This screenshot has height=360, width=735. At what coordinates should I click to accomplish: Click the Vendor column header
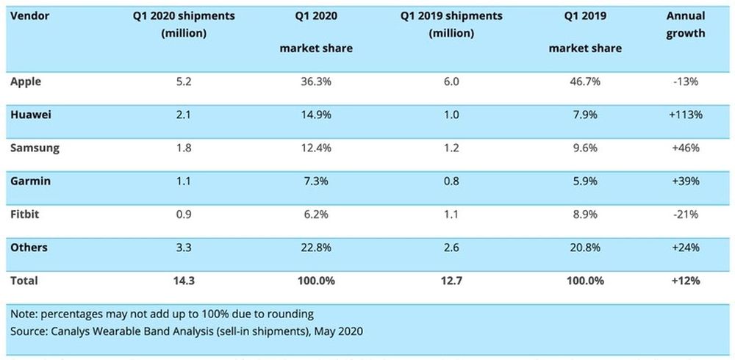(30, 15)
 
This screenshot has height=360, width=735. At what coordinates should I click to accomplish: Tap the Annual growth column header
(685, 24)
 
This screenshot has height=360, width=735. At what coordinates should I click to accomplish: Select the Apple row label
(26, 82)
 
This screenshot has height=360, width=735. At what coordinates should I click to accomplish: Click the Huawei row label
(30, 115)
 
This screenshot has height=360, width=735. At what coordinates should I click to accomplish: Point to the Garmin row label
(29, 181)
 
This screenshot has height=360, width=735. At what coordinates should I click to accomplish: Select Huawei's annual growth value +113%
(685, 115)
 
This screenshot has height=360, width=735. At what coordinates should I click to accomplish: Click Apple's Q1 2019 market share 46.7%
(585, 82)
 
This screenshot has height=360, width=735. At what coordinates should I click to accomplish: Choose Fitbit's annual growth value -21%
(685, 214)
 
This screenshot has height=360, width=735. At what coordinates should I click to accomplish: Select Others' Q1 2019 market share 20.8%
(585, 248)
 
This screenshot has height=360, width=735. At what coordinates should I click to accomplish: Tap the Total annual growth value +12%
(685, 281)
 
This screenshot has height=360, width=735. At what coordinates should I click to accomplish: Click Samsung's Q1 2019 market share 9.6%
(585, 148)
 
